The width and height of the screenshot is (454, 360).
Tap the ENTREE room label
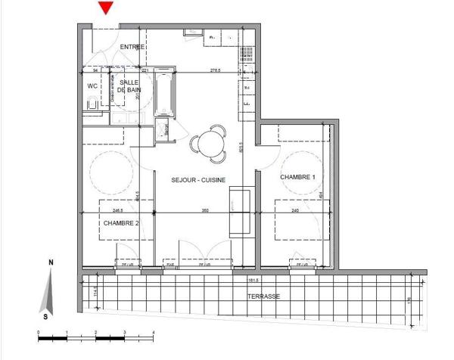(x=132, y=47)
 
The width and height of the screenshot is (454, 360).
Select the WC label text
(x=92, y=86)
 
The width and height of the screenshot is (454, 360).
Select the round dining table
(x=208, y=144)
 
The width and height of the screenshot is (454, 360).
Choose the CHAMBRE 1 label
(x=297, y=177)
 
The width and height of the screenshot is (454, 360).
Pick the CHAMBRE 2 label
(x=121, y=223)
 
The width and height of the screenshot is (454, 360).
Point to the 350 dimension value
(x=204, y=211)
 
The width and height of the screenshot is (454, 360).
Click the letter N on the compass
(x=50, y=264)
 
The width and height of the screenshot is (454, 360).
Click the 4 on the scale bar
(x=154, y=332)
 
